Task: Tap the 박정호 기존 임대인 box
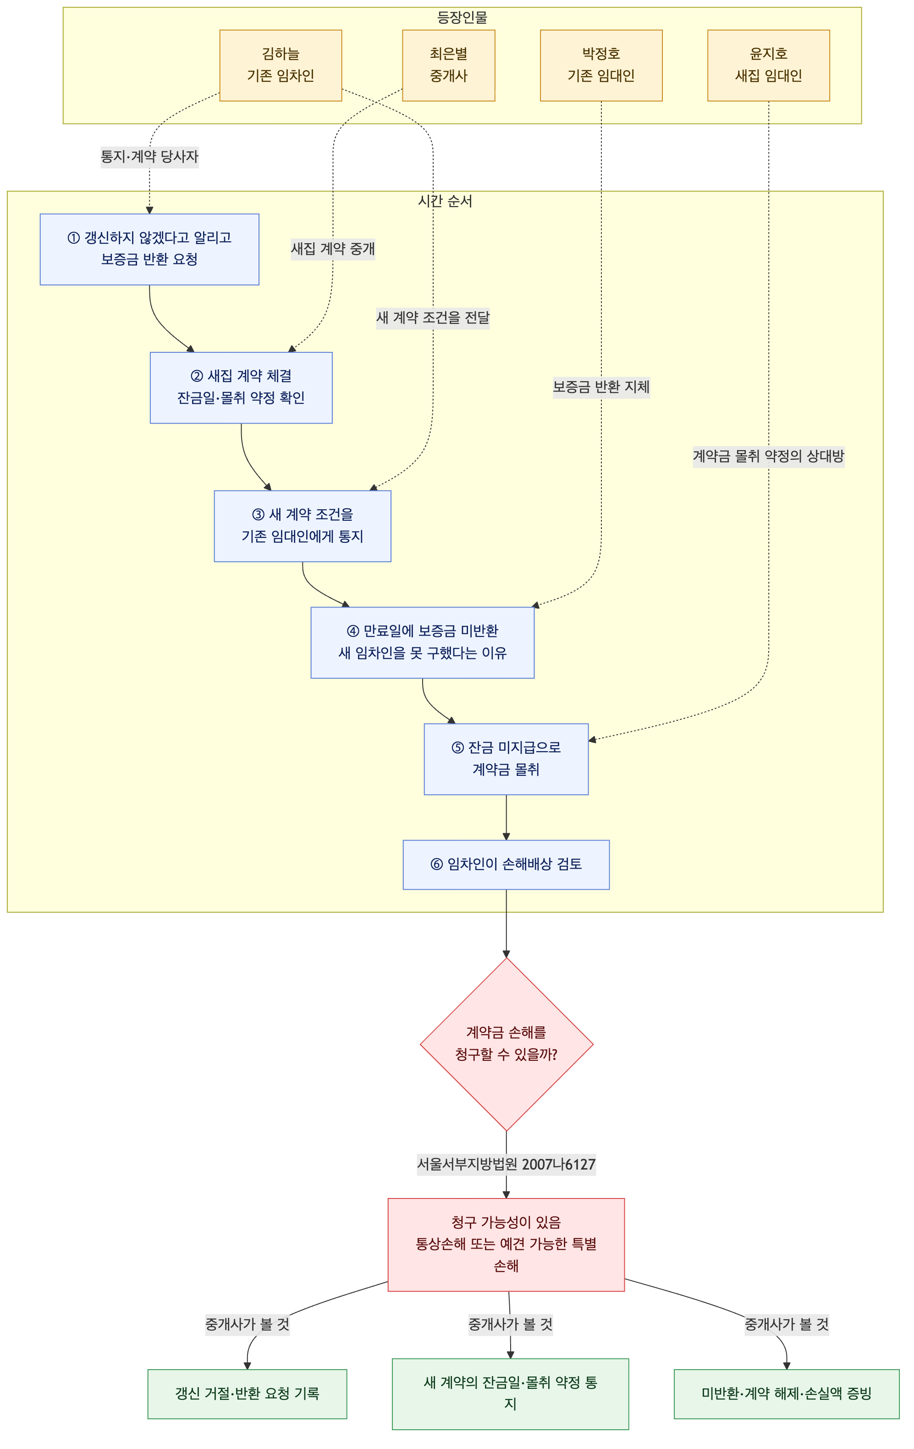pyautogui.click(x=601, y=65)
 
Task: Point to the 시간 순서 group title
pyautogui.click(x=445, y=201)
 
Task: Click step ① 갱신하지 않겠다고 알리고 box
pyautogui.click(x=149, y=249)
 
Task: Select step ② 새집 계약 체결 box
pyautogui.click(x=241, y=388)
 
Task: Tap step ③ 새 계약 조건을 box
pyautogui.click(x=302, y=526)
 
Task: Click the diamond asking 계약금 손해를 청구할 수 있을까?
pyautogui.click(x=507, y=1044)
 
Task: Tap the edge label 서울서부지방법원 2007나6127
pyautogui.click(x=507, y=1165)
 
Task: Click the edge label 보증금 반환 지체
pyautogui.click(x=601, y=387)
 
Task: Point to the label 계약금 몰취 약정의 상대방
pyautogui.click(x=769, y=456)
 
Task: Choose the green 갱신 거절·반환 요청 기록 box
pyautogui.click(x=247, y=1393)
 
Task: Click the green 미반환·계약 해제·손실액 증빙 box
pyautogui.click(x=787, y=1393)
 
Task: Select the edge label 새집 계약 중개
pyautogui.click(x=333, y=249)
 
